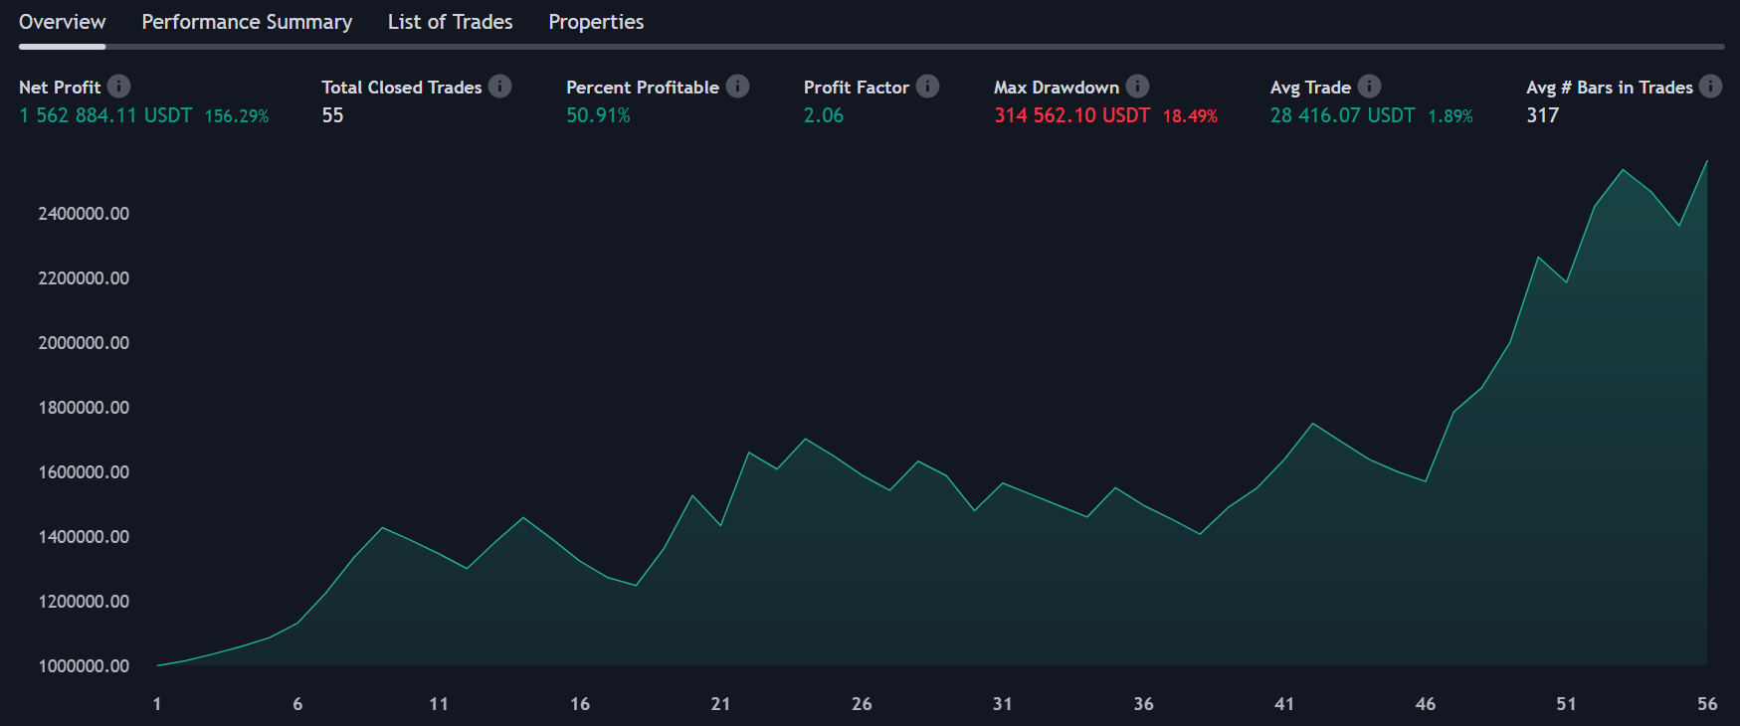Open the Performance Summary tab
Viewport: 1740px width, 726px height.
click(247, 22)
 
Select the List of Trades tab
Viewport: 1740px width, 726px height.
click(450, 22)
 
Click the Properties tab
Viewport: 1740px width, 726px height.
click(596, 22)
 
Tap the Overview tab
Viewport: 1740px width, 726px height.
click(62, 22)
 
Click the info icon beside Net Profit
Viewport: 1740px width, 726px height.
click(118, 87)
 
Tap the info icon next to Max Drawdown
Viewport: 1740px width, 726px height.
click(1137, 87)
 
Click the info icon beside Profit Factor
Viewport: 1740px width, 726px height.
click(927, 87)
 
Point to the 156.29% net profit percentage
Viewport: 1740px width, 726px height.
click(237, 116)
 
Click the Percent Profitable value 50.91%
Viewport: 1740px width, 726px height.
click(598, 115)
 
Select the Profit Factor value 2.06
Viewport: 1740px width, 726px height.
click(824, 115)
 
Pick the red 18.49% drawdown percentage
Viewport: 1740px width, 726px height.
click(1190, 116)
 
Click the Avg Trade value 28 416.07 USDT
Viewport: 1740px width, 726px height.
click(1342, 115)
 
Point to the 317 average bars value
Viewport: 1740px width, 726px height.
click(1542, 115)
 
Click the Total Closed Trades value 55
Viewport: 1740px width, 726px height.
click(332, 115)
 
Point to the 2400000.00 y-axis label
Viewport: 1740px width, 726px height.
click(84, 214)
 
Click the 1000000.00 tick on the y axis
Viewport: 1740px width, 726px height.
click(84, 666)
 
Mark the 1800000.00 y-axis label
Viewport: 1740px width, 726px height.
click(84, 408)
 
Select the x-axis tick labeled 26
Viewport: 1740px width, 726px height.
click(862, 704)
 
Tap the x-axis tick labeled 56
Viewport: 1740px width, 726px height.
click(1707, 704)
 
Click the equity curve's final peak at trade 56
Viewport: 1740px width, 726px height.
click(1707, 161)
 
